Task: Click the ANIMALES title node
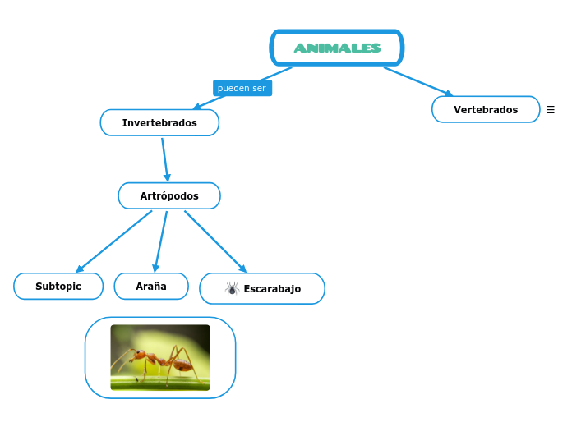(337, 48)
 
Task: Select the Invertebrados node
(159, 123)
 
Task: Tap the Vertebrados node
(486, 109)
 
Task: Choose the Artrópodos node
(169, 196)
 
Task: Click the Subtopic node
(58, 287)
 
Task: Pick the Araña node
(151, 287)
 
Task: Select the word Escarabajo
(272, 289)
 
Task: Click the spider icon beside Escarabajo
(232, 288)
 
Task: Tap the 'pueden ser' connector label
(242, 88)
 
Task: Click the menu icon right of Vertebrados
(551, 109)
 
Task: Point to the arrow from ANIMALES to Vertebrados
(417, 80)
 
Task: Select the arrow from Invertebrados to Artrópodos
(165, 159)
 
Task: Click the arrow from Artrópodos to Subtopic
(115, 241)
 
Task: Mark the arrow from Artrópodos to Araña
(161, 241)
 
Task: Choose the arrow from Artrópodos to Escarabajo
(214, 241)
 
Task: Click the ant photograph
(160, 357)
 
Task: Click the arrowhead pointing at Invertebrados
(196, 106)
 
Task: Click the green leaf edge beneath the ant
(160, 381)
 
